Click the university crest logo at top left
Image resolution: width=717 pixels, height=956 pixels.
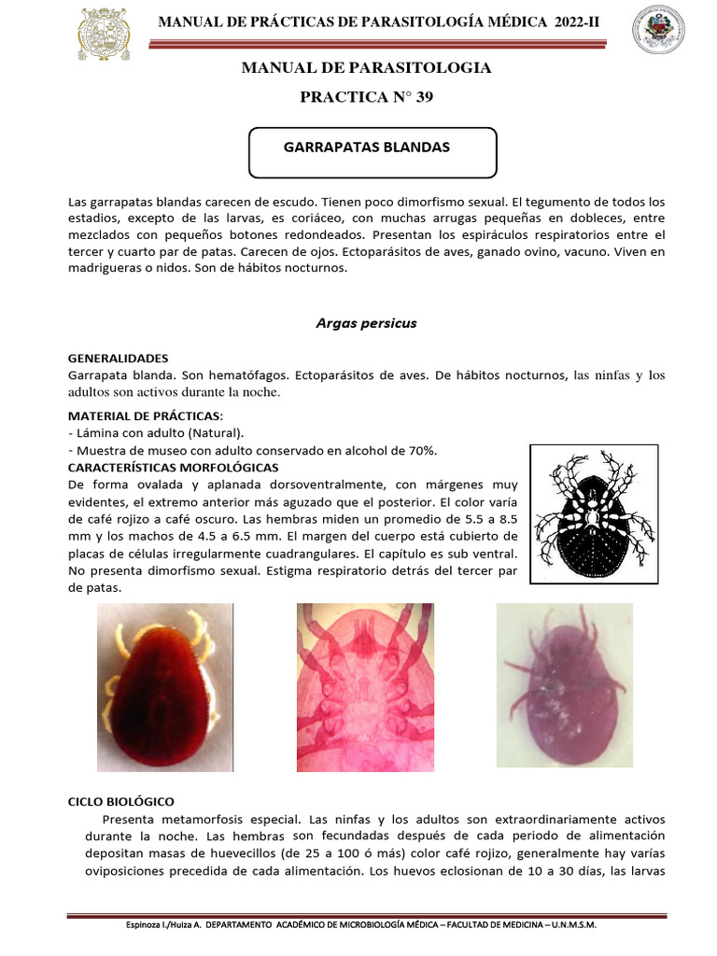(x=104, y=34)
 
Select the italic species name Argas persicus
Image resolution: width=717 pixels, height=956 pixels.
(x=367, y=323)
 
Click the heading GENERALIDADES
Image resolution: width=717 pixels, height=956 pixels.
(x=119, y=358)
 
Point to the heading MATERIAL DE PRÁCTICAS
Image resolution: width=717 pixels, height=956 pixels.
(x=143, y=415)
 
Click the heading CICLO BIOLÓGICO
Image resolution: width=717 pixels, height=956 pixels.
(x=120, y=801)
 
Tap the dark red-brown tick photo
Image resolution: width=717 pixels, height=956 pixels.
(x=165, y=688)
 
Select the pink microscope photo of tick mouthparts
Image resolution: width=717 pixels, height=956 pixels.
(x=365, y=687)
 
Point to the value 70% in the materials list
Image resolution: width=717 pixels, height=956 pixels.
(x=421, y=450)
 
